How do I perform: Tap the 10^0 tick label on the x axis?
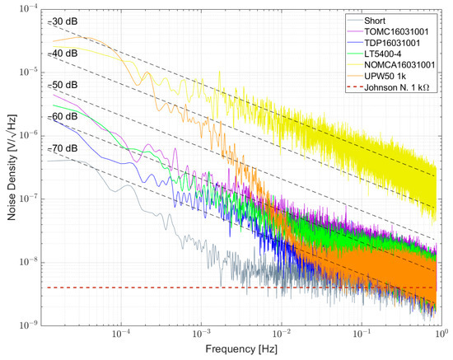point(440,337)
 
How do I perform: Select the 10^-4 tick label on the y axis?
point(29,8)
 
